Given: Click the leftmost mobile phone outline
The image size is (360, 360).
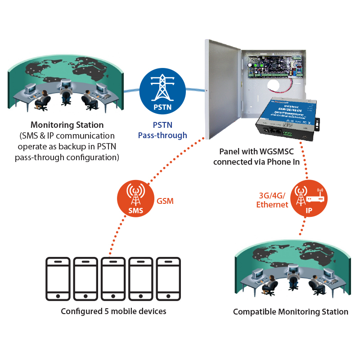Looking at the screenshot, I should pos(58,279).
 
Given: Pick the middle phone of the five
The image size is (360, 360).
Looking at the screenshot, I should pos(113,279).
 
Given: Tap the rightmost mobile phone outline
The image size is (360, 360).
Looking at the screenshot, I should pos(168,279).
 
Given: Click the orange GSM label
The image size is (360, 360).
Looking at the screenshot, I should pos(165,202).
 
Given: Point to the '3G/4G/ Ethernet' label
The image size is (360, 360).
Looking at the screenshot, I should pos(272,200).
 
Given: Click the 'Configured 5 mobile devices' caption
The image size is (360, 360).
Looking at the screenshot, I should pos(113,311).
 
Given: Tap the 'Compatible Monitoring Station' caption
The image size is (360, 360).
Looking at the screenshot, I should pos(290,312).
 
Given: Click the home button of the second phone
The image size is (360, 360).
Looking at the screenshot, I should pos(86,296).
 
